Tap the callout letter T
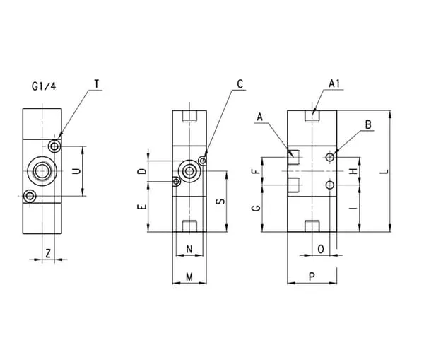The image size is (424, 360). [x=97, y=84]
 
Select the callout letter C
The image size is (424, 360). [x=240, y=84]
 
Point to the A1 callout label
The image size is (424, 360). [x=336, y=84]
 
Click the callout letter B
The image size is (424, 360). [x=368, y=124]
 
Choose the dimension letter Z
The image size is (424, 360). [x=47, y=252]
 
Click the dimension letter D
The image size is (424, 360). [x=141, y=171]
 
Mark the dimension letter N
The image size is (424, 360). [x=189, y=249]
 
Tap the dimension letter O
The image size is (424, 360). [x=322, y=249]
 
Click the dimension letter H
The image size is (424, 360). [x=354, y=171]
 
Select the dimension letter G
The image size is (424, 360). [x=257, y=207]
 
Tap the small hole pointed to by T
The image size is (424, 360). [x=54, y=146]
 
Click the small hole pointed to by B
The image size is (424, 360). [x=329, y=156]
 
